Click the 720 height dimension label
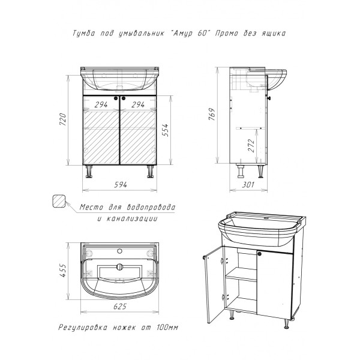coord(62,119)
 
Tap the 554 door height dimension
coord(165,130)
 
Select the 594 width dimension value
coord(121,185)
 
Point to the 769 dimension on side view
coord(212,114)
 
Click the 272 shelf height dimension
coord(251,146)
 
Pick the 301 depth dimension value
coord(248,185)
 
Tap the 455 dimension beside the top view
coord(62,271)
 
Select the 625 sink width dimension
coord(120,306)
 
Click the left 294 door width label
coord(101,104)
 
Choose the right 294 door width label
coord(138,104)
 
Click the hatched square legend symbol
coord(59,202)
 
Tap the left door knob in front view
coord(116,98)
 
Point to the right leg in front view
coord(150,172)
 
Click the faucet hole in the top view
coord(119,251)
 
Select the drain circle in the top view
coord(119,267)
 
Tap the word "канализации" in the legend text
coord(132,218)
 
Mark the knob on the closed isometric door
coord(260,254)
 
